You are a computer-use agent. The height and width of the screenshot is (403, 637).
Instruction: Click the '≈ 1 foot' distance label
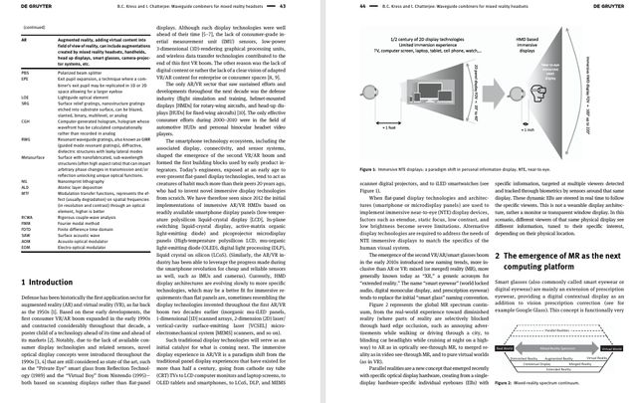tap(390, 128)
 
